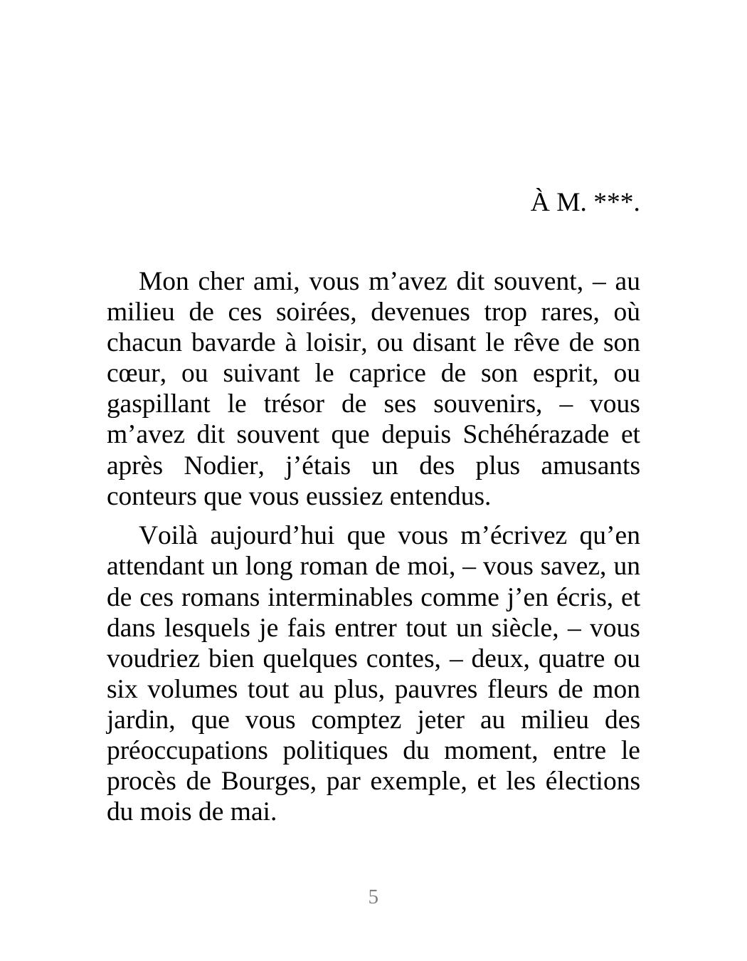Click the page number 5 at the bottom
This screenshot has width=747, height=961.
point(373,897)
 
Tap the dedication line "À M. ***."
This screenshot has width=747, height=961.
point(585,203)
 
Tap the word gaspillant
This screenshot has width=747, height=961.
point(158,404)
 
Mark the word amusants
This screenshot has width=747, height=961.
point(590,466)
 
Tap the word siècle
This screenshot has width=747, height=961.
point(539,629)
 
